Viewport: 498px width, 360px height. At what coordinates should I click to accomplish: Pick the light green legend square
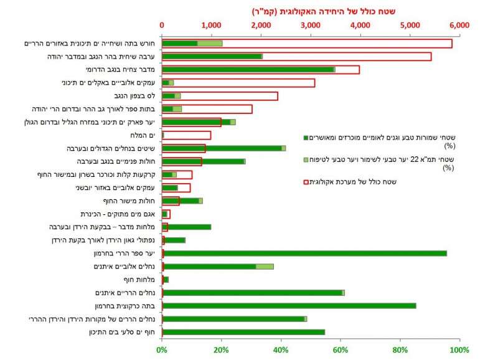click(x=306, y=159)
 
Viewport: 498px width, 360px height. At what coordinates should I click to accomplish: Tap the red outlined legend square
click(x=306, y=182)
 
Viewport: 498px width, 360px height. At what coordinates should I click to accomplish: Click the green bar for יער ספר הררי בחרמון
click(x=304, y=253)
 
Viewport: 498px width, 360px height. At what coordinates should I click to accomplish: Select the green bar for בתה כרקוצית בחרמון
click(x=289, y=306)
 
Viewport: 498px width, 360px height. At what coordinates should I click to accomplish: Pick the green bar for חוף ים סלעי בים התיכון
click(x=243, y=332)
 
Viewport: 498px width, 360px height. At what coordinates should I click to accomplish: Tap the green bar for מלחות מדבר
click(x=187, y=227)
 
